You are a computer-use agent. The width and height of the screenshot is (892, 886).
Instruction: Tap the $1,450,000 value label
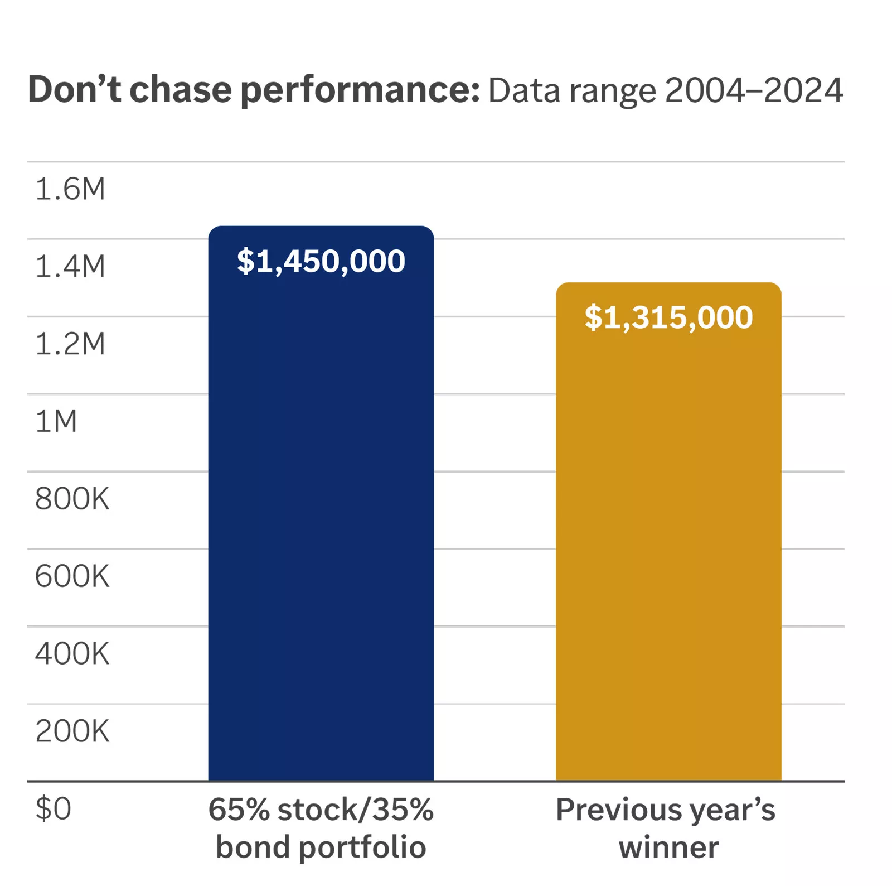coord(321,261)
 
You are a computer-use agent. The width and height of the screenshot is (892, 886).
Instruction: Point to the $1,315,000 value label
coord(668,317)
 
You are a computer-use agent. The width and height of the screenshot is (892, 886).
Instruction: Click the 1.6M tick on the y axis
coord(70,189)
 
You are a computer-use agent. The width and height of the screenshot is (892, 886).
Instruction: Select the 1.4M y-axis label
coord(70,266)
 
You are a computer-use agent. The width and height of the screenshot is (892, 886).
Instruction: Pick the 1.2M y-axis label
coord(70,344)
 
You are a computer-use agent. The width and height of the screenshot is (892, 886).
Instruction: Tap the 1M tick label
coord(56,421)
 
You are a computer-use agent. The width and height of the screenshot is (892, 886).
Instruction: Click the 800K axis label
coord(72,499)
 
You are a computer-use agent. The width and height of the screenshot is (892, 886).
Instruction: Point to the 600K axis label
coord(72,576)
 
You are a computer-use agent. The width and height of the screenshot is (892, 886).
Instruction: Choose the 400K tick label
coord(72,654)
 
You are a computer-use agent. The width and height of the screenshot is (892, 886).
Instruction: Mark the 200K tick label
coord(72,731)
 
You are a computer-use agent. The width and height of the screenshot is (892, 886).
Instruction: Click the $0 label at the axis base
coord(53,808)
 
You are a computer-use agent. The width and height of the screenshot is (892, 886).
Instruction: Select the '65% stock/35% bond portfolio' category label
coord(321,829)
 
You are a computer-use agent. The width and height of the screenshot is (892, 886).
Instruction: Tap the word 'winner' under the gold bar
coord(668,848)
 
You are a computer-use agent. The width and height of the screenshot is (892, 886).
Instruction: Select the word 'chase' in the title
coord(180,89)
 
